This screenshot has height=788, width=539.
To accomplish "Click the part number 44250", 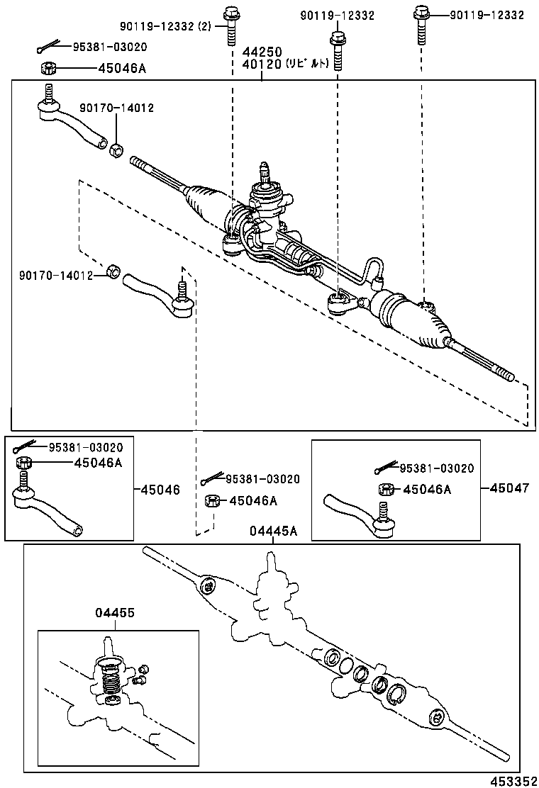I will (x=262, y=52).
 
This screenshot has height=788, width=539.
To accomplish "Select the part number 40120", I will (x=262, y=64).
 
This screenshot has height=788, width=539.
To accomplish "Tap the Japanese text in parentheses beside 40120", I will (x=307, y=64).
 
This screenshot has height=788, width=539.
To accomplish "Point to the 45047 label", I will (x=509, y=488).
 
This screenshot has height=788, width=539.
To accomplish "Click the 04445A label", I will (x=273, y=532).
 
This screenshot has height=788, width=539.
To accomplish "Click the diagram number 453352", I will (x=512, y=779).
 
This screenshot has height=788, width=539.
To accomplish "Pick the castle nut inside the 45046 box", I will (x=23, y=463).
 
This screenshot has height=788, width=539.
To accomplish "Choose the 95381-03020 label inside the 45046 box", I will (x=85, y=447).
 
